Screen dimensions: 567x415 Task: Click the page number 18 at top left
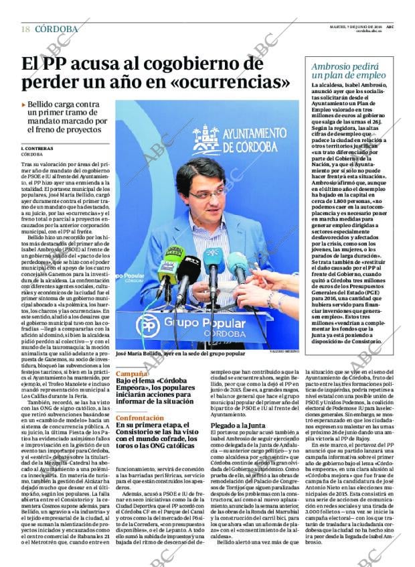point(25,29)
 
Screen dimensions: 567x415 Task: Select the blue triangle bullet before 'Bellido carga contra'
point(24,105)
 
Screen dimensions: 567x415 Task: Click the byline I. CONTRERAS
point(37,147)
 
